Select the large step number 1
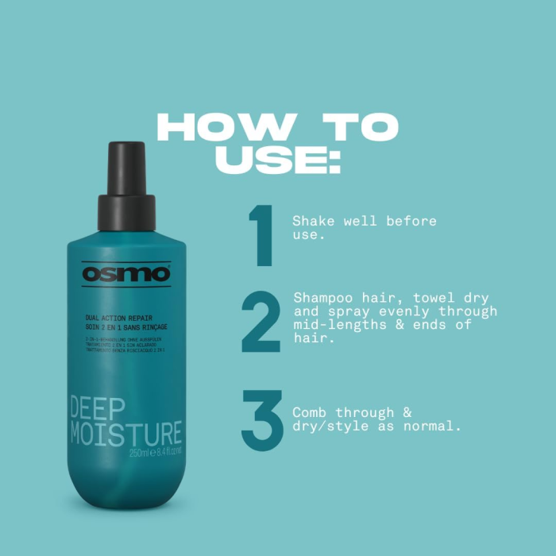260,236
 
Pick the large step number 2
261,322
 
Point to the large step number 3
261,419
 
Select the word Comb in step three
308,413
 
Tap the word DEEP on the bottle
97,409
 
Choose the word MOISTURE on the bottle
125,434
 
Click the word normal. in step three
434,427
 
